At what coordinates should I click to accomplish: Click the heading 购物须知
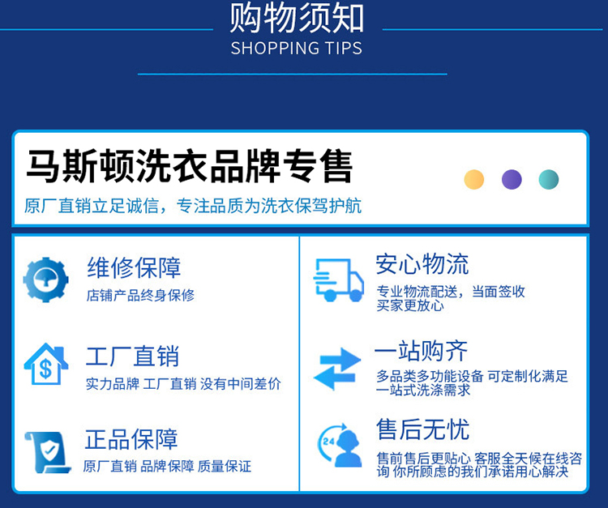[x=297, y=18]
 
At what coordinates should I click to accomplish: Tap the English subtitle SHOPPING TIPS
[x=297, y=49]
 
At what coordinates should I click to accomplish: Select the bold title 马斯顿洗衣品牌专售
[x=189, y=166]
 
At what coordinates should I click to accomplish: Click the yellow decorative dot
[x=474, y=179]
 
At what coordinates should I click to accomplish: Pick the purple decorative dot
[x=512, y=179]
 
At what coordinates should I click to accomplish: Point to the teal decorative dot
[x=549, y=179]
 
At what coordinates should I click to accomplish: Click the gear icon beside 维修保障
[x=45, y=280]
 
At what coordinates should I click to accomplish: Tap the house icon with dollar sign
[x=46, y=364]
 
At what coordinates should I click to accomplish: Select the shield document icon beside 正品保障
[x=47, y=452]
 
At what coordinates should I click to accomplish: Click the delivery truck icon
[x=339, y=280]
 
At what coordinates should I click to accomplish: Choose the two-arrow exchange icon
[x=337, y=369]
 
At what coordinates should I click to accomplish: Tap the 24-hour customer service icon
[x=340, y=445]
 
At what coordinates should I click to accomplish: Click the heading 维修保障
[x=134, y=267]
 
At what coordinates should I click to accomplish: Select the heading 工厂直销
[x=133, y=356]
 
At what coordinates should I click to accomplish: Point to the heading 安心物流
[x=422, y=264]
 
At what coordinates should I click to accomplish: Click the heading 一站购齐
[x=422, y=351]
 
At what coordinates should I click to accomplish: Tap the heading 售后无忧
[x=422, y=429]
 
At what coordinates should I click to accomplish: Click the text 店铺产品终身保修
[x=140, y=295]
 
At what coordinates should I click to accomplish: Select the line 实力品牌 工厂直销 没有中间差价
[x=183, y=383]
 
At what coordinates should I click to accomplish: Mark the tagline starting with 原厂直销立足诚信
[x=193, y=206]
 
